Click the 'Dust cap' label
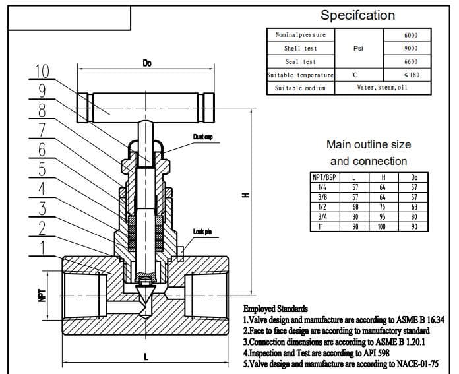pyautogui.click(x=202, y=137)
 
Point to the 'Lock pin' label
pyautogui.click(x=202, y=232)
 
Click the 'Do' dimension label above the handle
pyautogui.click(x=147, y=63)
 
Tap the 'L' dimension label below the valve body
pyautogui.click(x=146, y=357)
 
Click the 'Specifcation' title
pyautogui.click(x=357, y=15)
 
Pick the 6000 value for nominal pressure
pyautogui.click(x=410, y=35)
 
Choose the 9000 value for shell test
pyautogui.click(x=410, y=48)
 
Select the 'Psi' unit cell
pyautogui.click(x=359, y=48)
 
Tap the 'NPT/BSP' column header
pyautogui.click(x=323, y=178)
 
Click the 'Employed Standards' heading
pyautogui.click(x=275, y=308)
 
